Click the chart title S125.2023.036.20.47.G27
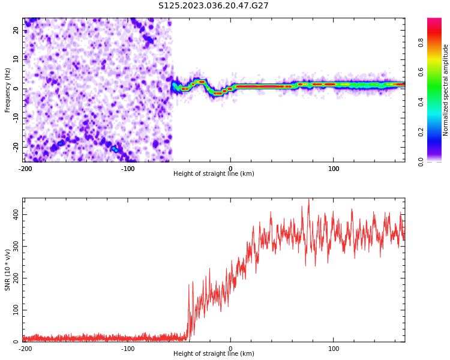(x=214, y=5)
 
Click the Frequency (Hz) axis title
(x=7, y=90)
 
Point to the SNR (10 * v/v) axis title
(x=7, y=270)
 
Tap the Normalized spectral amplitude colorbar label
(x=445, y=90)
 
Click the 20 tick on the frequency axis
(x=16, y=30)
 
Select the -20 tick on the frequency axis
(x=16, y=147)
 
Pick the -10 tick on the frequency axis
(x=16, y=118)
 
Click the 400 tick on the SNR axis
(x=16, y=214)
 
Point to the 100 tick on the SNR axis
(x=16, y=310)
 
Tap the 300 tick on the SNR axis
(x=16, y=246)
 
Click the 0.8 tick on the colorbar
(x=421, y=43)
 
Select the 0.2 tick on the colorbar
(x=421, y=133)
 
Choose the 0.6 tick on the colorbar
(x=421, y=73)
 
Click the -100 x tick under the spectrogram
(x=127, y=169)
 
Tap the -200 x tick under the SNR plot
(x=25, y=349)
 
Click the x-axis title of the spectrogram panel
(x=214, y=173)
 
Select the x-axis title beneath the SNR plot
(x=214, y=353)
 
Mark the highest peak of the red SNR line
(x=309, y=199)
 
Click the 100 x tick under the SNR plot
(x=334, y=349)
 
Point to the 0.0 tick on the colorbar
(x=421, y=162)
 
